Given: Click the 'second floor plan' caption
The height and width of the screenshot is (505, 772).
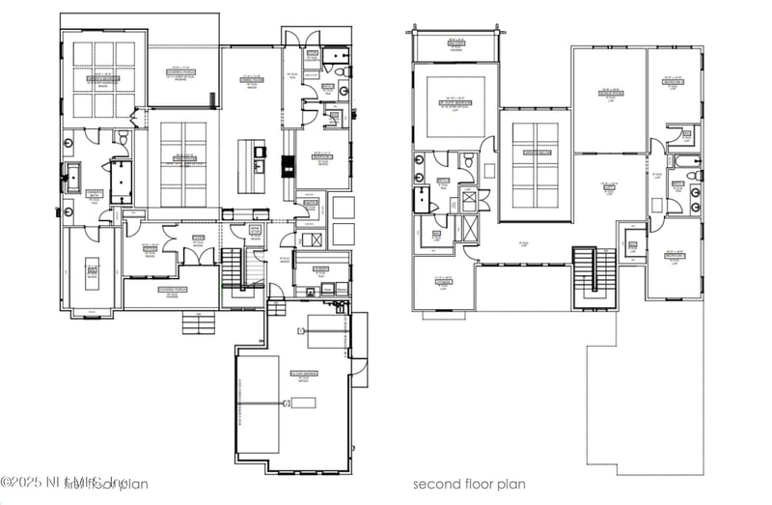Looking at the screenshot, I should point(471,484).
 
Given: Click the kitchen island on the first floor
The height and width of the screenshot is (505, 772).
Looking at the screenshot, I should point(253,159).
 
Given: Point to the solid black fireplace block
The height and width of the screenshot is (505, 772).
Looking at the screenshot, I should point(287,166).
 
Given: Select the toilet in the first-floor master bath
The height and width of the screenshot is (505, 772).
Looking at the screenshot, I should point(123,142).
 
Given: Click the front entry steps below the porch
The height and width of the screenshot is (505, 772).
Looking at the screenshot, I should point(199,323).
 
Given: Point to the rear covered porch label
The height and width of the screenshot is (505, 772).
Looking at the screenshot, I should point(182,72).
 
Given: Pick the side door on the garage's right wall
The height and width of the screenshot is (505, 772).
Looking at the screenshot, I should point(359,372).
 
